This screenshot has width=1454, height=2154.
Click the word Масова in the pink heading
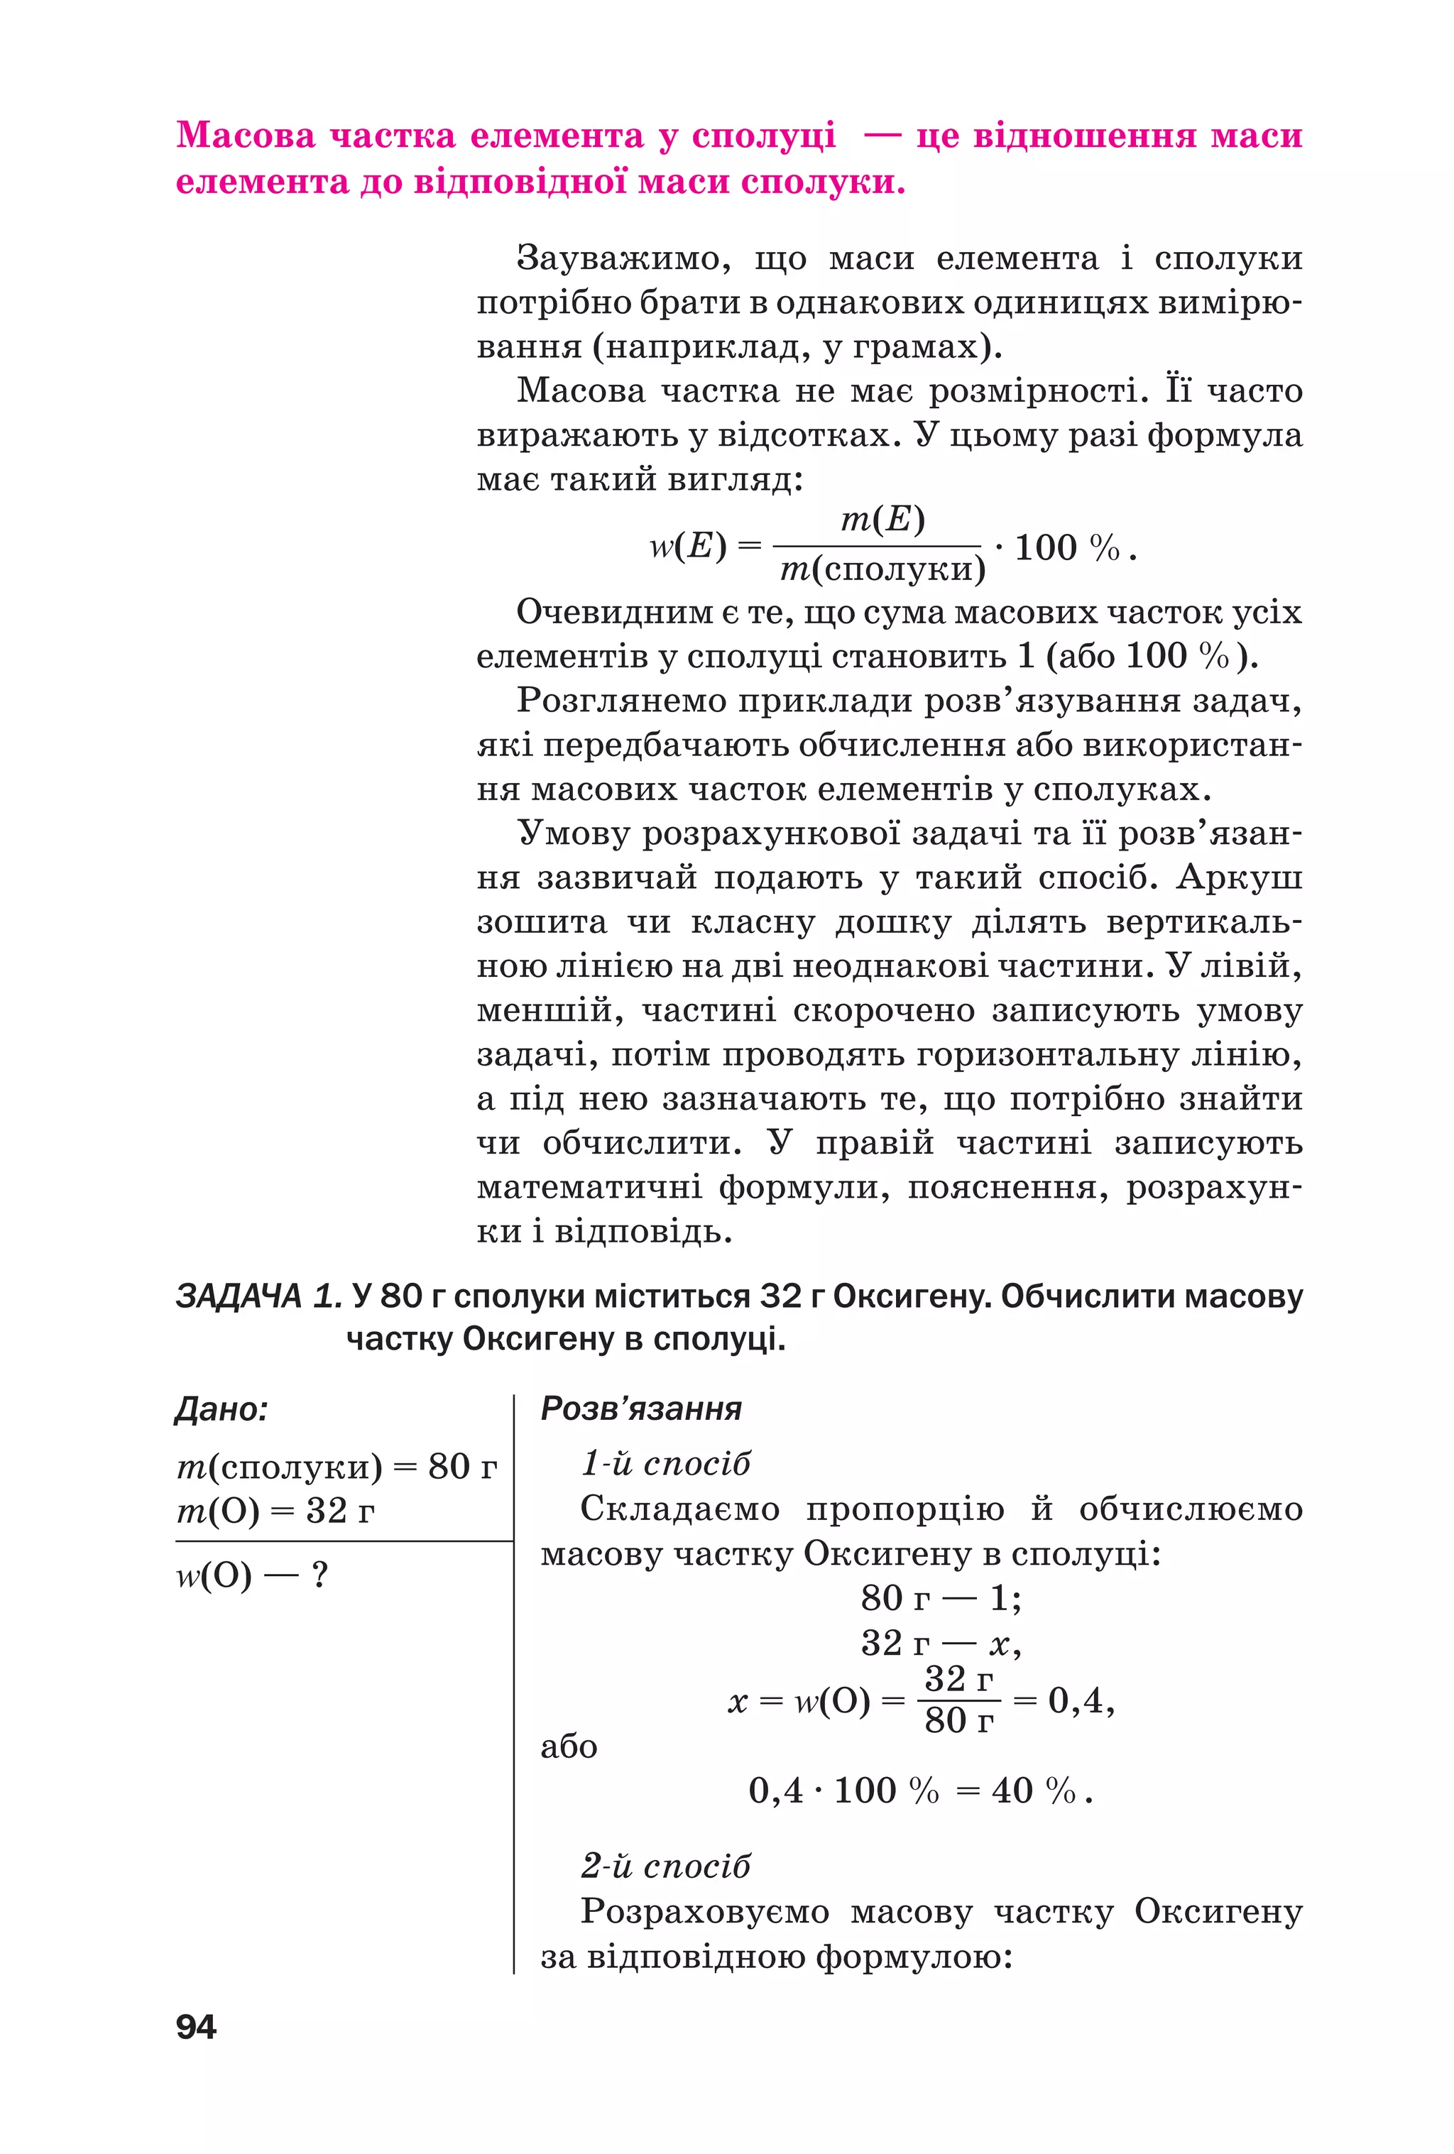(x=246, y=136)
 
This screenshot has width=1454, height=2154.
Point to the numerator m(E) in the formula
(x=882, y=520)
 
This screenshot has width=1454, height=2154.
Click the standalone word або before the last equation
(x=568, y=1746)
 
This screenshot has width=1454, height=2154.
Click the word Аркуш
(x=1239, y=877)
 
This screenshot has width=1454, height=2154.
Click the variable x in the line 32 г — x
(x=999, y=1644)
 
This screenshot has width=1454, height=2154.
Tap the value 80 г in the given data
(x=462, y=1466)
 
